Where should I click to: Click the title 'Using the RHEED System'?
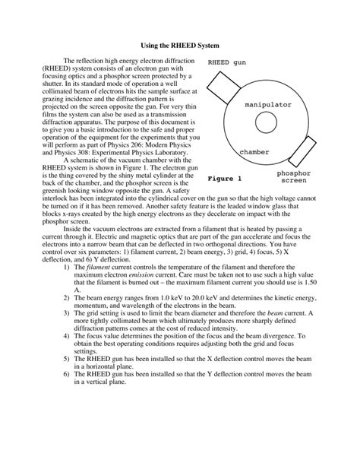[180, 46]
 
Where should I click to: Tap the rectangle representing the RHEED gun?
[219, 86]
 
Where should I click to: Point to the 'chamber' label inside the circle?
[255, 152]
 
